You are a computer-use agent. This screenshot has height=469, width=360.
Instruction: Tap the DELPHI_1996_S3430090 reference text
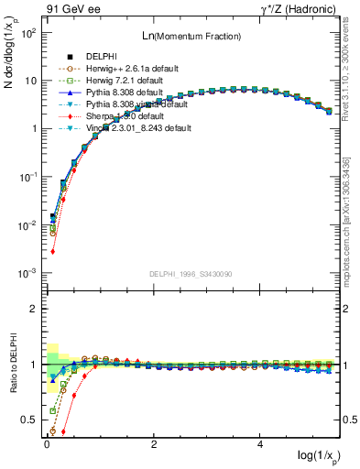[191, 274]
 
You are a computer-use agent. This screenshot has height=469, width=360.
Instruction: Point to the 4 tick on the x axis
[261, 442]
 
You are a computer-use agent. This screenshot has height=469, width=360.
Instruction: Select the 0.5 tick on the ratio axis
[29, 420]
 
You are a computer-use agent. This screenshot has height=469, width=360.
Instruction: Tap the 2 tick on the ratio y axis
[33, 309]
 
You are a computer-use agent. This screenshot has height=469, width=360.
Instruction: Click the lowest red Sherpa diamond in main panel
[53, 251]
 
